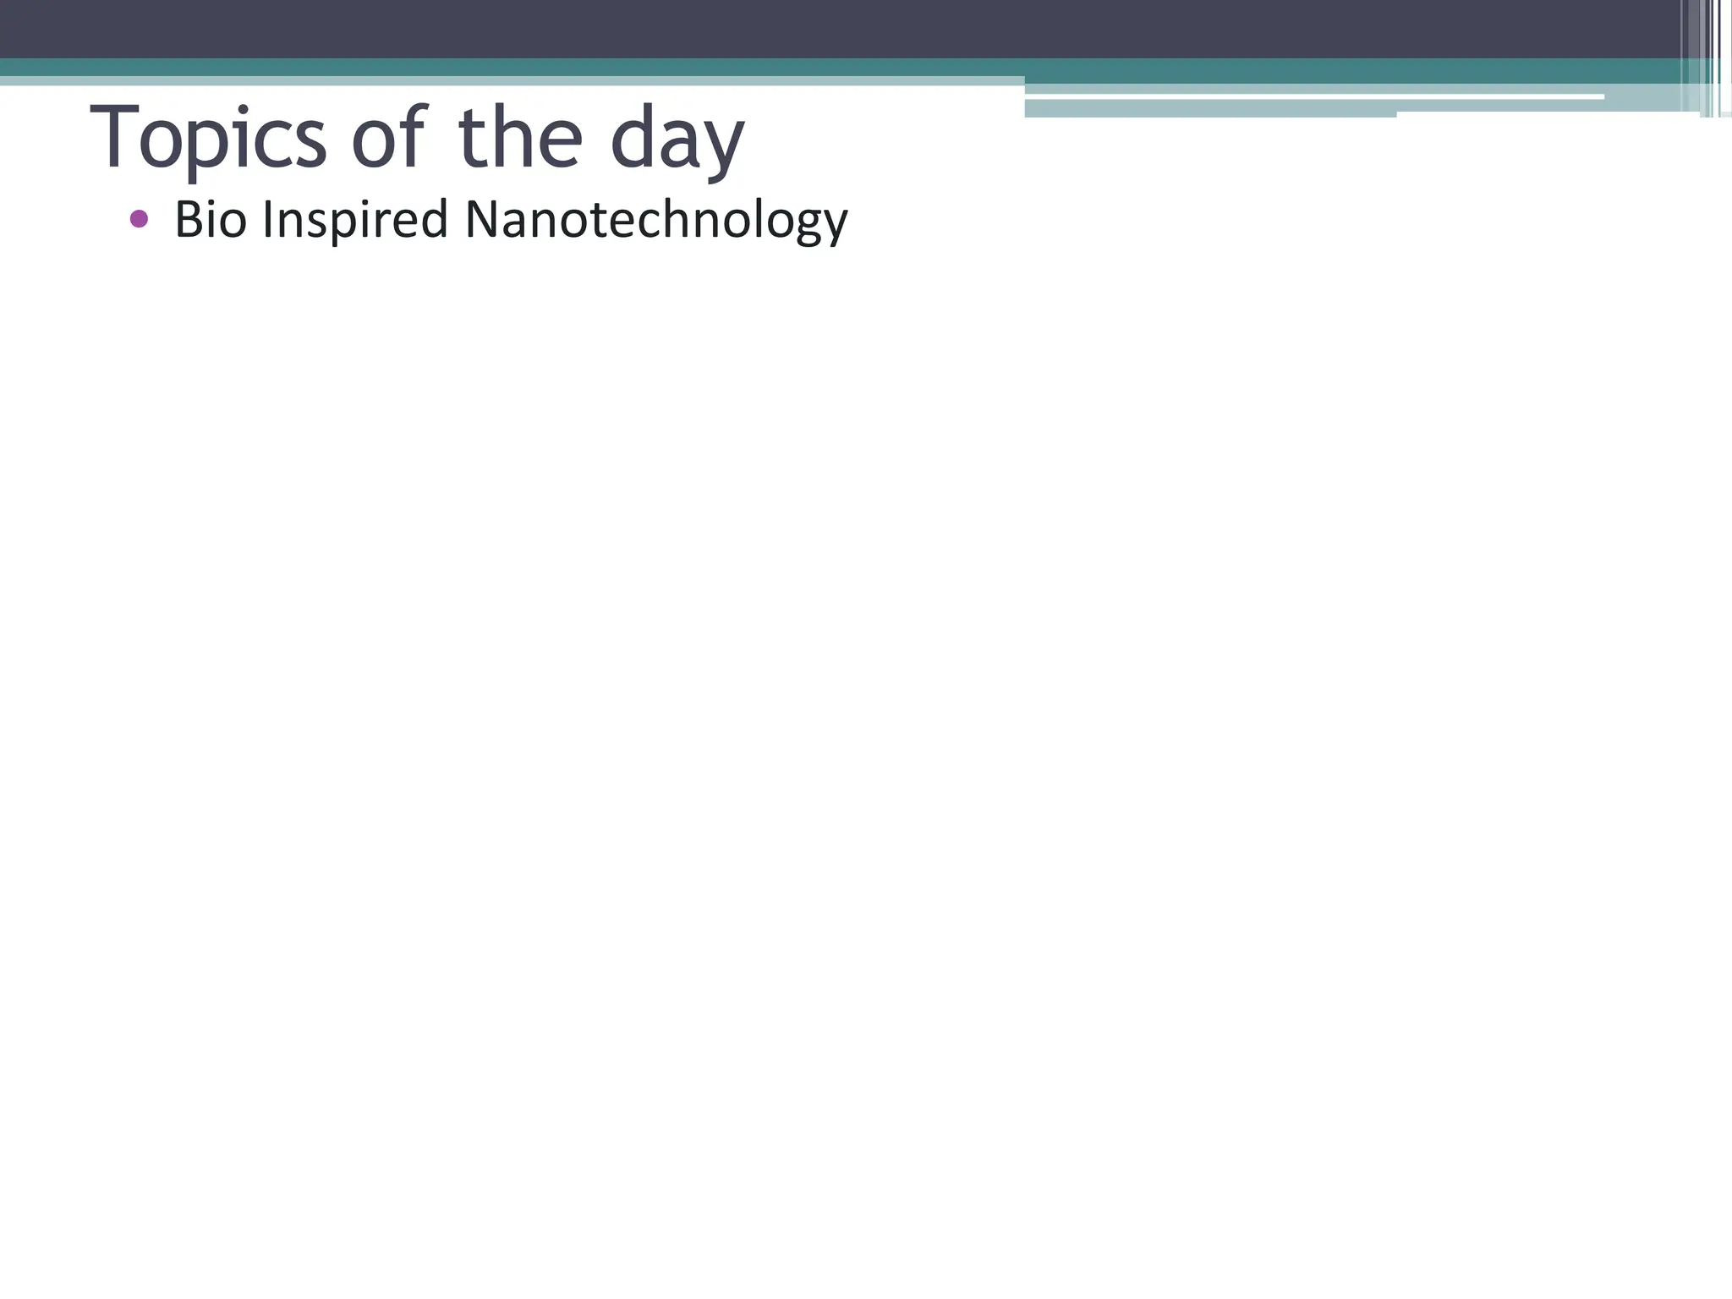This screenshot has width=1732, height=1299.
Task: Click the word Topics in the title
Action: tap(207, 138)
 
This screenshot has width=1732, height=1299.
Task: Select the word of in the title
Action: tap(389, 138)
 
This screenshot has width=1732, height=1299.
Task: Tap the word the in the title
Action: tap(520, 138)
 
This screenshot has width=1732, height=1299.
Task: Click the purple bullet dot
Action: tap(140, 220)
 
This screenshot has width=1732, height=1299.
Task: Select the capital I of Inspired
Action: tap(267, 220)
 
